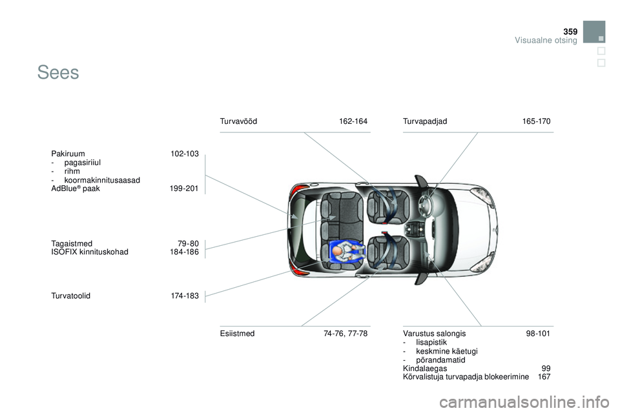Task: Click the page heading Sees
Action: click(x=58, y=73)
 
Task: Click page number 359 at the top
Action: click(x=570, y=32)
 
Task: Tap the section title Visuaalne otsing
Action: click(x=546, y=40)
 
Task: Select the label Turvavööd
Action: click(x=238, y=121)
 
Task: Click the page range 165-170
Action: click(x=536, y=121)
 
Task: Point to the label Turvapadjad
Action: click(x=425, y=121)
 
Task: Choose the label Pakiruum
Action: click(x=68, y=154)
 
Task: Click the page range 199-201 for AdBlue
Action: click(x=184, y=188)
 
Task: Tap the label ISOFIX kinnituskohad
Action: click(x=90, y=252)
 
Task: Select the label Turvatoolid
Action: click(x=71, y=296)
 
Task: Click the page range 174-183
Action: click(x=185, y=296)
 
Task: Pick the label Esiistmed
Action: click(x=237, y=334)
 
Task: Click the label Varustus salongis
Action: click(x=435, y=334)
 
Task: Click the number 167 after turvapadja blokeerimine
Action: click(x=544, y=377)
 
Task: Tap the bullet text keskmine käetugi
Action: click(x=447, y=351)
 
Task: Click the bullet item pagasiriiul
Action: click(x=83, y=163)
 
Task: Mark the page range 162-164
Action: click(x=353, y=121)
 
